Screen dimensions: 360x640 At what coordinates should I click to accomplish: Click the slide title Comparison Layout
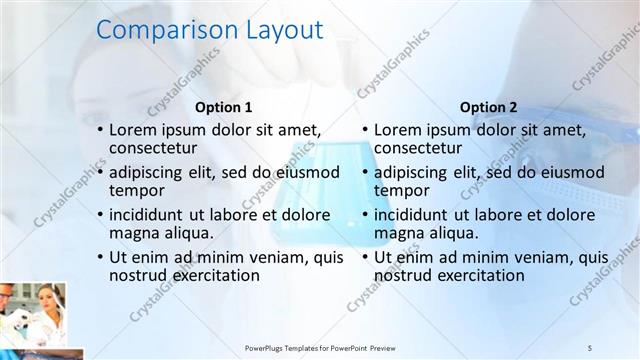(209, 31)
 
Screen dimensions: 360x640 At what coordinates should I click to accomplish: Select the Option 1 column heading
(223, 107)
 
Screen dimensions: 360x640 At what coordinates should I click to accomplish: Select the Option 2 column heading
(489, 107)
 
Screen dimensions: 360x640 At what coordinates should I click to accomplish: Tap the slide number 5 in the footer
(590, 346)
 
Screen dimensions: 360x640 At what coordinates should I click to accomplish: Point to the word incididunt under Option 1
(151, 214)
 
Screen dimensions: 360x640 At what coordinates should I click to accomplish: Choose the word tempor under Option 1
(137, 190)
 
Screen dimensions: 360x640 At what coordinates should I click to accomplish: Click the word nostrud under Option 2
(403, 274)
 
